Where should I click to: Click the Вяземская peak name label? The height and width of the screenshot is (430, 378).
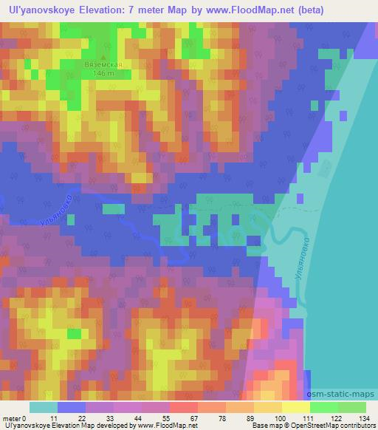coord(103,64)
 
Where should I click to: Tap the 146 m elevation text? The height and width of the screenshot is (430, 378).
coord(103,72)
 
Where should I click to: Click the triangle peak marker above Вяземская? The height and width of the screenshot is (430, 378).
coord(103,57)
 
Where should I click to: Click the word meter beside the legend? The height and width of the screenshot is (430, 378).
coord(13,417)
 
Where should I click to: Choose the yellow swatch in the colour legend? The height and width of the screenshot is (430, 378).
coord(295,407)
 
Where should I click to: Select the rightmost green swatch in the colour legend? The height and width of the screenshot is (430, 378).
coord(351,407)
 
